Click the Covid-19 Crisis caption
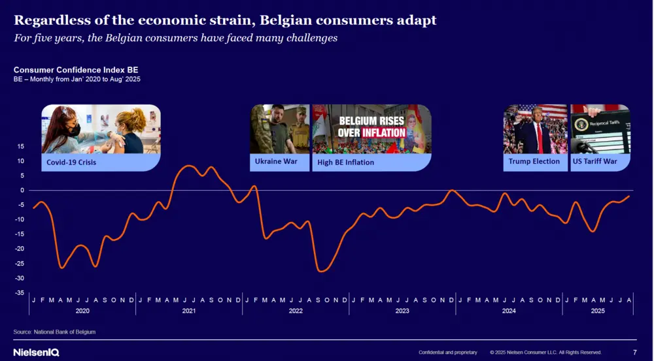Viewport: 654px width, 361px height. [71, 162]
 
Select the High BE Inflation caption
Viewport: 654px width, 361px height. [346, 162]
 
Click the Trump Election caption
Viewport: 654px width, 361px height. [534, 161]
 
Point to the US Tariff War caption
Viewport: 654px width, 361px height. [594, 161]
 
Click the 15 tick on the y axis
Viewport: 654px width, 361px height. [20, 146]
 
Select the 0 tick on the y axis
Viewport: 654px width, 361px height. [22, 190]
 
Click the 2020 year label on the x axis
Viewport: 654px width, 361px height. [82, 311]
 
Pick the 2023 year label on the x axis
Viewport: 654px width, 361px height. [402, 311]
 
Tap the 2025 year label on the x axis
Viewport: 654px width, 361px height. [598, 311]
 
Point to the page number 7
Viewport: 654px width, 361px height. [634, 353]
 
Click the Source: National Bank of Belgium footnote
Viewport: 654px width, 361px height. [54, 332]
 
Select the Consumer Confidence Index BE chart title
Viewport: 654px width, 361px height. [75, 69]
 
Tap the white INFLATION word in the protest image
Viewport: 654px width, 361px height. [384, 133]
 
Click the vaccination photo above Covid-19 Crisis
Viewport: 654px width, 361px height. [101, 129]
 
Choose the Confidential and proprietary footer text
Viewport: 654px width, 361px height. [447, 353]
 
